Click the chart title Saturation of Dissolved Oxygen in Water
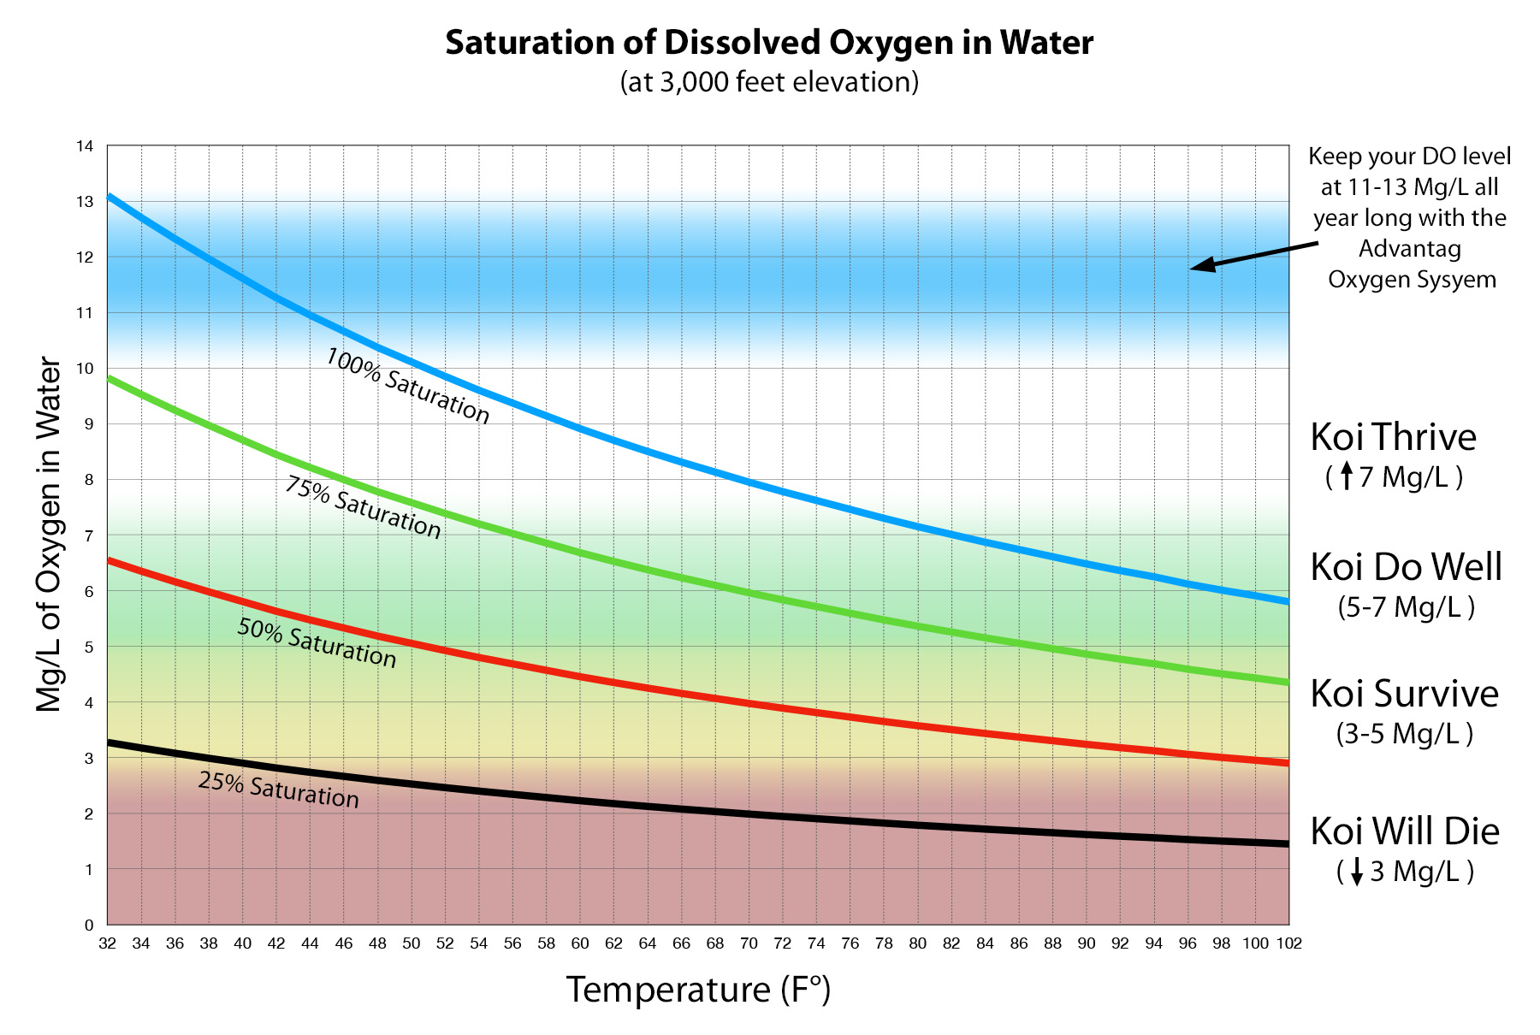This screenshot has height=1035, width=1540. pyautogui.click(x=769, y=43)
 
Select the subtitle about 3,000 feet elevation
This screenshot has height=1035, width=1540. pyautogui.click(x=769, y=82)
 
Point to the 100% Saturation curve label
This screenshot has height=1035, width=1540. pyautogui.click(x=407, y=386)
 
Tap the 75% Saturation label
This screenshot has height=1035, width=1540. pyautogui.click(x=363, y=508)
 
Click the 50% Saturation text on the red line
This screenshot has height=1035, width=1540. pyautogui.click(x=317, y=642)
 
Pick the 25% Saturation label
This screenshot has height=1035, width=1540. pyautogui.click(x=278, y=790)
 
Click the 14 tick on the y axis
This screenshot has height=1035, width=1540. pyautogui.click(x=85, y=146)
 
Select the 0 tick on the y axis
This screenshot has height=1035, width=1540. pyautogui.click(x=88, y=926)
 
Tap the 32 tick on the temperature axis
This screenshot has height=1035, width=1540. pyautogui.click(x=107, y=944)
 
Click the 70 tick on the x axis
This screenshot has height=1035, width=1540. pyautogui.click(x=749, y=944)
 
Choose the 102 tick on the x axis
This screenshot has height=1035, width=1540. pyautogui.click(x=1289, y=944)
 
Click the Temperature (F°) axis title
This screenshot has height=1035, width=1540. pyautogui.click(x=698, y=990)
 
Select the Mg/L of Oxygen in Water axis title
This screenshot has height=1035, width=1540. pyautogui.click(x=49, y=535)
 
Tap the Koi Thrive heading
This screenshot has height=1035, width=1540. pyautogui.click(x=1393, y=437)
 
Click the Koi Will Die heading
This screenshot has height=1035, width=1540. pyautogui.click(x=1405, y=831)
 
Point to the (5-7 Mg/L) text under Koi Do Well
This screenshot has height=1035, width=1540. pyautogui.click(x=1406, y=607)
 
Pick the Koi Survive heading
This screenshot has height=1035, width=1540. pyautogui.click(x=1404, y=694)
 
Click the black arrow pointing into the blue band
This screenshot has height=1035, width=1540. pyautogui.click(x=1253, y=255)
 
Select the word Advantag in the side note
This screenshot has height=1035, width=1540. pyautogui.click(x=1409, y=249)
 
